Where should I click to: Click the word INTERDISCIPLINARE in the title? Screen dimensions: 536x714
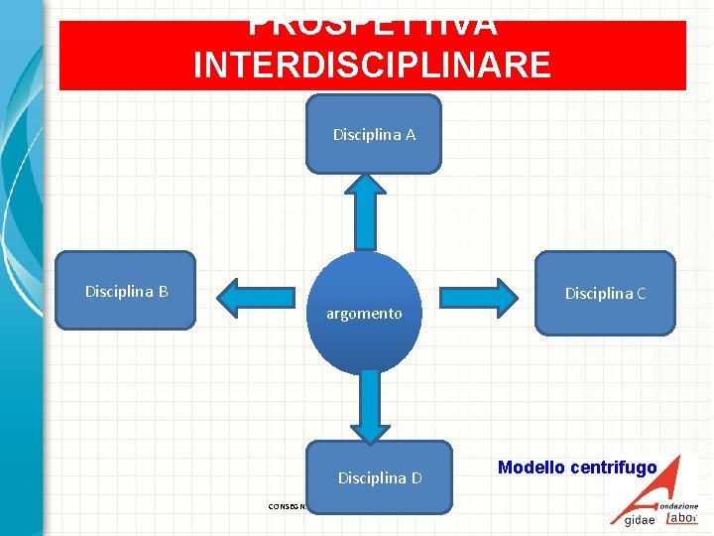point(372,65)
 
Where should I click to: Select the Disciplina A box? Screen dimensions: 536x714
point(373,134)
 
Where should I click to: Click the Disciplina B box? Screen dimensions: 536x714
point(126,290)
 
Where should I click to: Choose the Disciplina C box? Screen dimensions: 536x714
point(605,292)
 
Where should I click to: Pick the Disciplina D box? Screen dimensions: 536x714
point(380,476)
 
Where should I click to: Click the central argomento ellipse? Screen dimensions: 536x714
point(365,313)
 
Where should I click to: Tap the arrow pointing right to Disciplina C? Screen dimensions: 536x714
point(480,296)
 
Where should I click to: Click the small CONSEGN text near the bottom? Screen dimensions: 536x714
point(288,506)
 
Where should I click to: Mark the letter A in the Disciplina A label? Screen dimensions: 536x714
point(410,134)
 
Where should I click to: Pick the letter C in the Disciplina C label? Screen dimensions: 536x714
point(641,293)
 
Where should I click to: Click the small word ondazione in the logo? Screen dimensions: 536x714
point(680,506)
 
